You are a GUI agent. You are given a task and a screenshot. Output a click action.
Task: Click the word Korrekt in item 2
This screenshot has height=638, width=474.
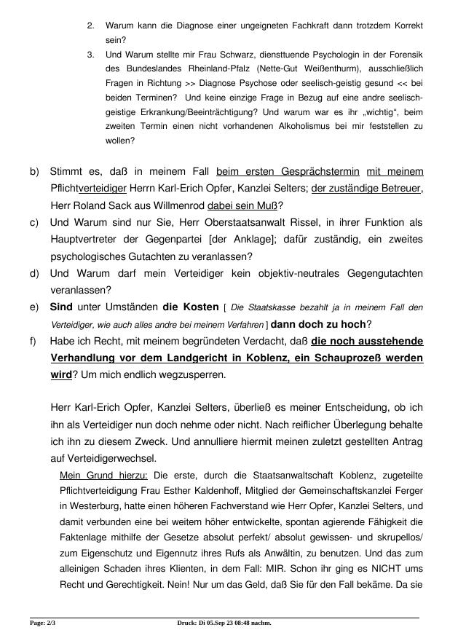point(404,25)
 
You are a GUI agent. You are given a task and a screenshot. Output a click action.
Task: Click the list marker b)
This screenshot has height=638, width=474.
point(34,172)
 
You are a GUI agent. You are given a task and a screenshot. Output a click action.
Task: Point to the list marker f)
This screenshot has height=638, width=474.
point(33,342)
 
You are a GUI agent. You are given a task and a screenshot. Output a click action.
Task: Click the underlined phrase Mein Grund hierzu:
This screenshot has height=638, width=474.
point(103,475)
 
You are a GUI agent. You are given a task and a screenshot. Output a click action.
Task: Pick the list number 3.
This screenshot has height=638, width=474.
point(90,55)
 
